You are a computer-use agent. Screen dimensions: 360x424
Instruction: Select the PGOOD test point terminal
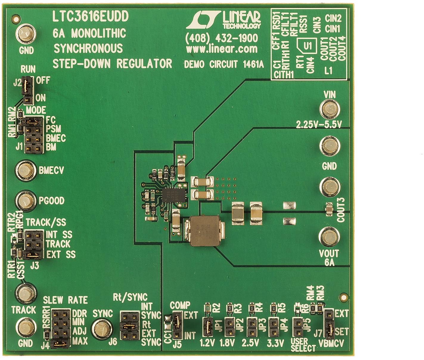click(x=26, y=201)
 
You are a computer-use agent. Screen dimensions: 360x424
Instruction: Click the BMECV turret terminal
click(x=25, y=170)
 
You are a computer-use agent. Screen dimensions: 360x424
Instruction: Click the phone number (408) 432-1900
click(x=221, y=39)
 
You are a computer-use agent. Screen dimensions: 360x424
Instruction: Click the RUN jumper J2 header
click(x=27, y=89)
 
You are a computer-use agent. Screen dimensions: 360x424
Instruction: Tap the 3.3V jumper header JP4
click(x=273, y=326)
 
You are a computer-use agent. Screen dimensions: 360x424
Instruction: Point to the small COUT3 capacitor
click(x=329, y=208)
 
